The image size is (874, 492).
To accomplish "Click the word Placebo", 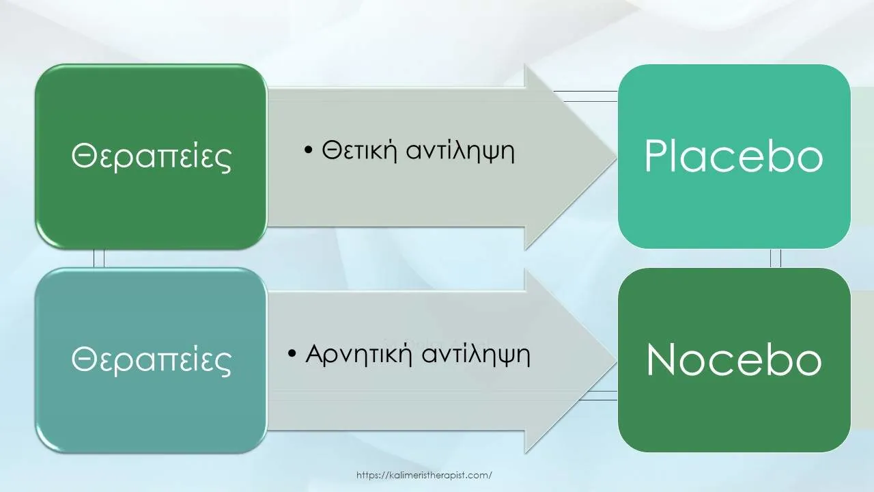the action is coord(733,156).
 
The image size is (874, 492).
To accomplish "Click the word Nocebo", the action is coord(734,359).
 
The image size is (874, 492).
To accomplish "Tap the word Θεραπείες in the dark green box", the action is coord(152,156).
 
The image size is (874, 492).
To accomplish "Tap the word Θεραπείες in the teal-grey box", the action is coord(152,360).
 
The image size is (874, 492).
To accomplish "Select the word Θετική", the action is coord(359,150).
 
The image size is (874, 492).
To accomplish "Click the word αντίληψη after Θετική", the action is coord(460,152).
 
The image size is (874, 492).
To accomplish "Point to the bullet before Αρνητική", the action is coord(292,354).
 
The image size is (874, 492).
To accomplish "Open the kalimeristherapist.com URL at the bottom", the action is coord(424,475).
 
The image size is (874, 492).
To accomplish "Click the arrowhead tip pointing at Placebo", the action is coord(617,158).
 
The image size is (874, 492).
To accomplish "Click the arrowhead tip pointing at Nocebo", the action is coord(617,361).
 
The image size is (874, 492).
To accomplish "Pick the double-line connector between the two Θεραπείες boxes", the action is coord(99,258).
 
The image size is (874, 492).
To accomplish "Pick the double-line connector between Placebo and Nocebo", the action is coord(775,258).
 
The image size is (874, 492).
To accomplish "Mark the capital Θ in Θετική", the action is coord(331,150).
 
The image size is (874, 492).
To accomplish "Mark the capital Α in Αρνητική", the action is coord(316,354).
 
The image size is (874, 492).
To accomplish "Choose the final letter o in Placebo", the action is coord(810,161).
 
